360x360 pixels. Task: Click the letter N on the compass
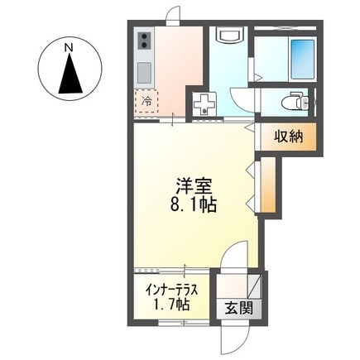(x=71, y=47)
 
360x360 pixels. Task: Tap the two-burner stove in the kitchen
(x=144, y=41)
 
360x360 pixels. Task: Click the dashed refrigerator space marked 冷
(x=146, y=102)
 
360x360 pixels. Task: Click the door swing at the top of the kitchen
(x=173, y=17)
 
